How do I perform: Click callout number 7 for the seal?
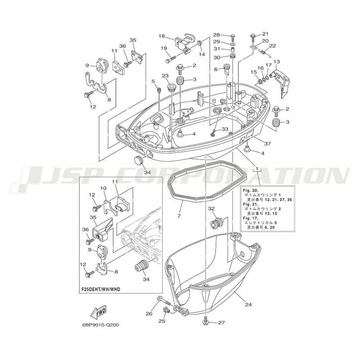179,216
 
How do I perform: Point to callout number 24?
248,305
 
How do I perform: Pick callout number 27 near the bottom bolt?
221,323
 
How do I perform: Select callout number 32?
211,208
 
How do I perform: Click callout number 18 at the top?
162,36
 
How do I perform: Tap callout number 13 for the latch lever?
277,62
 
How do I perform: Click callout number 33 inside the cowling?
225,130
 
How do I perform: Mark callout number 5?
153,81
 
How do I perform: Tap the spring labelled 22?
264,53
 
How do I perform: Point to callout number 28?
216,35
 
